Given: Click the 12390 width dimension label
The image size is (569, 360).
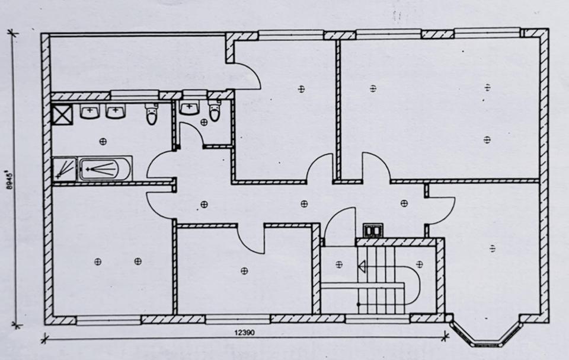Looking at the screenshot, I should coord(244,333).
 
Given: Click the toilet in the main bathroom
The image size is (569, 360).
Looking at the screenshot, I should coord(152,114).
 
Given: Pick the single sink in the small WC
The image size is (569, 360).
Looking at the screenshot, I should coord(189,107).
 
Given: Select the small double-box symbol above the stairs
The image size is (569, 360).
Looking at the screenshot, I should coord(371,230).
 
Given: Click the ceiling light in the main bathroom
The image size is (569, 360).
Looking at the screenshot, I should coord(103,141).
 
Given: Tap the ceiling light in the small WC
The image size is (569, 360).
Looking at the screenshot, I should coord(203,122).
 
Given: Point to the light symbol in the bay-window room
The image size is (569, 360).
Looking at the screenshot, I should coord(492,248).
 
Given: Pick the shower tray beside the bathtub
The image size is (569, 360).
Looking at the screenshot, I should coord(64,169).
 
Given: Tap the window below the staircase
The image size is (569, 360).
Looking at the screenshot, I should coord(369,320).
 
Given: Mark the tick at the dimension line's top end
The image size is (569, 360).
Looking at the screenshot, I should coord(14,33).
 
